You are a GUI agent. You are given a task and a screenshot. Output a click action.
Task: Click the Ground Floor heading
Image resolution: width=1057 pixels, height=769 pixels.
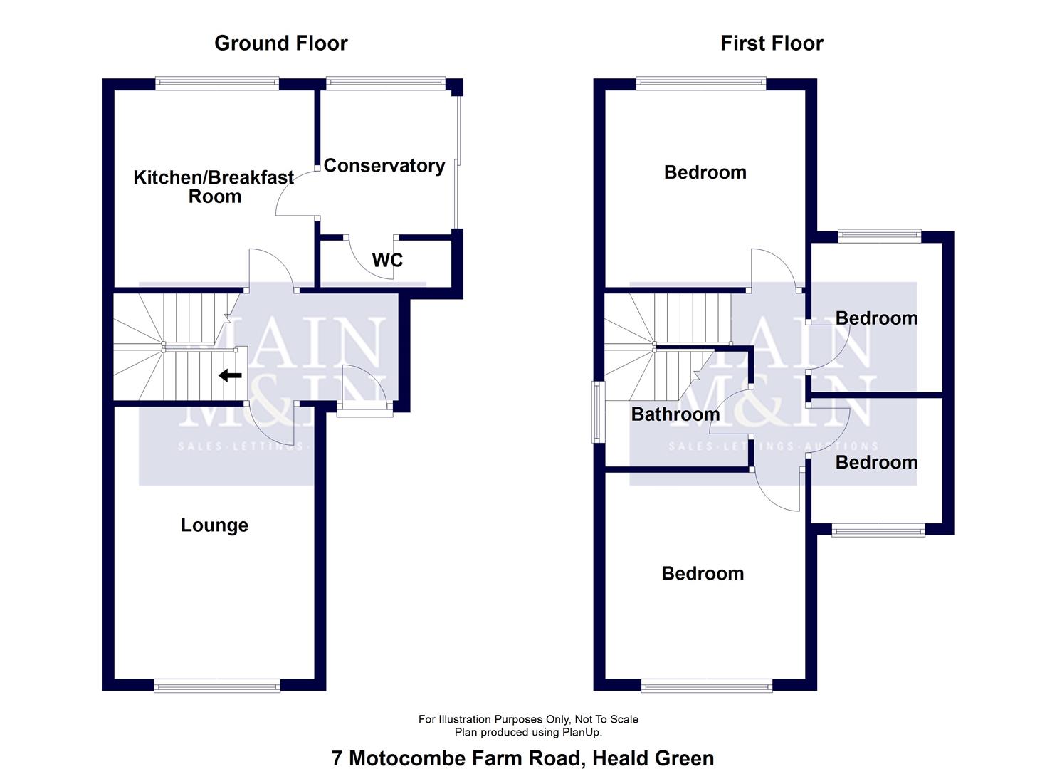pyautogui.click(x=280, y=43)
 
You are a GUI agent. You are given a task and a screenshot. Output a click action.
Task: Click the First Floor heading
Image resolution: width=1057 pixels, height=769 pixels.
pyautogui.click(x=772, y=43)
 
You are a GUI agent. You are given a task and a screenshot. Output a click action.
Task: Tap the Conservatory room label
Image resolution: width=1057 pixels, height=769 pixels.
pyautogui.click(x=384, y=166)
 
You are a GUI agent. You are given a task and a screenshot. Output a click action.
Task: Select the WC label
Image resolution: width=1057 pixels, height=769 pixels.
pyautogui.click(x=387, y=261)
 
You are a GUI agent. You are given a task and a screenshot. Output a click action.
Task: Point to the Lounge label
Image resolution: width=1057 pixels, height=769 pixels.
pyautogui.click(x=214, y=525)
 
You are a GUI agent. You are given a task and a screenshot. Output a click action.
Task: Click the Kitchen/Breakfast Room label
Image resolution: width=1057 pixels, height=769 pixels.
pyautogui.click(x=214, y=187)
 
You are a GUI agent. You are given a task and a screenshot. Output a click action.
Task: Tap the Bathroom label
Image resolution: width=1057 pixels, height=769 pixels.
pyautogui.click(x=675, y=414)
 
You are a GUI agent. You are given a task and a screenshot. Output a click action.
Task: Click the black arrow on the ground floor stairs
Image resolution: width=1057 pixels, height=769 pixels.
pyautogui.click(x=230, y=375)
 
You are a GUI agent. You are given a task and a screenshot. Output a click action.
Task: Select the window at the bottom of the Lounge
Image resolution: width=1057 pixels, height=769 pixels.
pyautogui.click(x=217, y=686)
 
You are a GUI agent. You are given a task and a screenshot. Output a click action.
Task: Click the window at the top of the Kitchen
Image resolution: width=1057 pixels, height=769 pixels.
pyautogui.click(x=217, y=84)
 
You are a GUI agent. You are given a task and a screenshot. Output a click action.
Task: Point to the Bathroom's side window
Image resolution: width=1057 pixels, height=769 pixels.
pyautogui.click(x=599, y=412)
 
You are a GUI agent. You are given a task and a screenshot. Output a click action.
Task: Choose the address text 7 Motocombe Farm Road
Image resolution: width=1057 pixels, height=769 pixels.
pyautogui.click(x=456, y=758)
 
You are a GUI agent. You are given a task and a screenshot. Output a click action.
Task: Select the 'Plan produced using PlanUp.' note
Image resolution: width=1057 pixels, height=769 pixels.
pyautogui.click(x=528, y=732)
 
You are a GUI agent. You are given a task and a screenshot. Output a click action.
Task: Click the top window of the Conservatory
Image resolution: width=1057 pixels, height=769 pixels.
pyautogui.click(x=385, y=84)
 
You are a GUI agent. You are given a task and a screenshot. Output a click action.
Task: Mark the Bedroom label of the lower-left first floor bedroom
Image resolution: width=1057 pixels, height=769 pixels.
pyautogui.click(x=703, y=574)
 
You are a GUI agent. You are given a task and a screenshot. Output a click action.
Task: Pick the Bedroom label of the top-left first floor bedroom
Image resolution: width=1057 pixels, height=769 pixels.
pyautogui.click(x=705, y=172)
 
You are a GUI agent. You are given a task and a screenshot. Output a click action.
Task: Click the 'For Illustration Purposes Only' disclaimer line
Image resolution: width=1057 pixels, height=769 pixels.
pyautogui.click(x=528, y=719)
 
